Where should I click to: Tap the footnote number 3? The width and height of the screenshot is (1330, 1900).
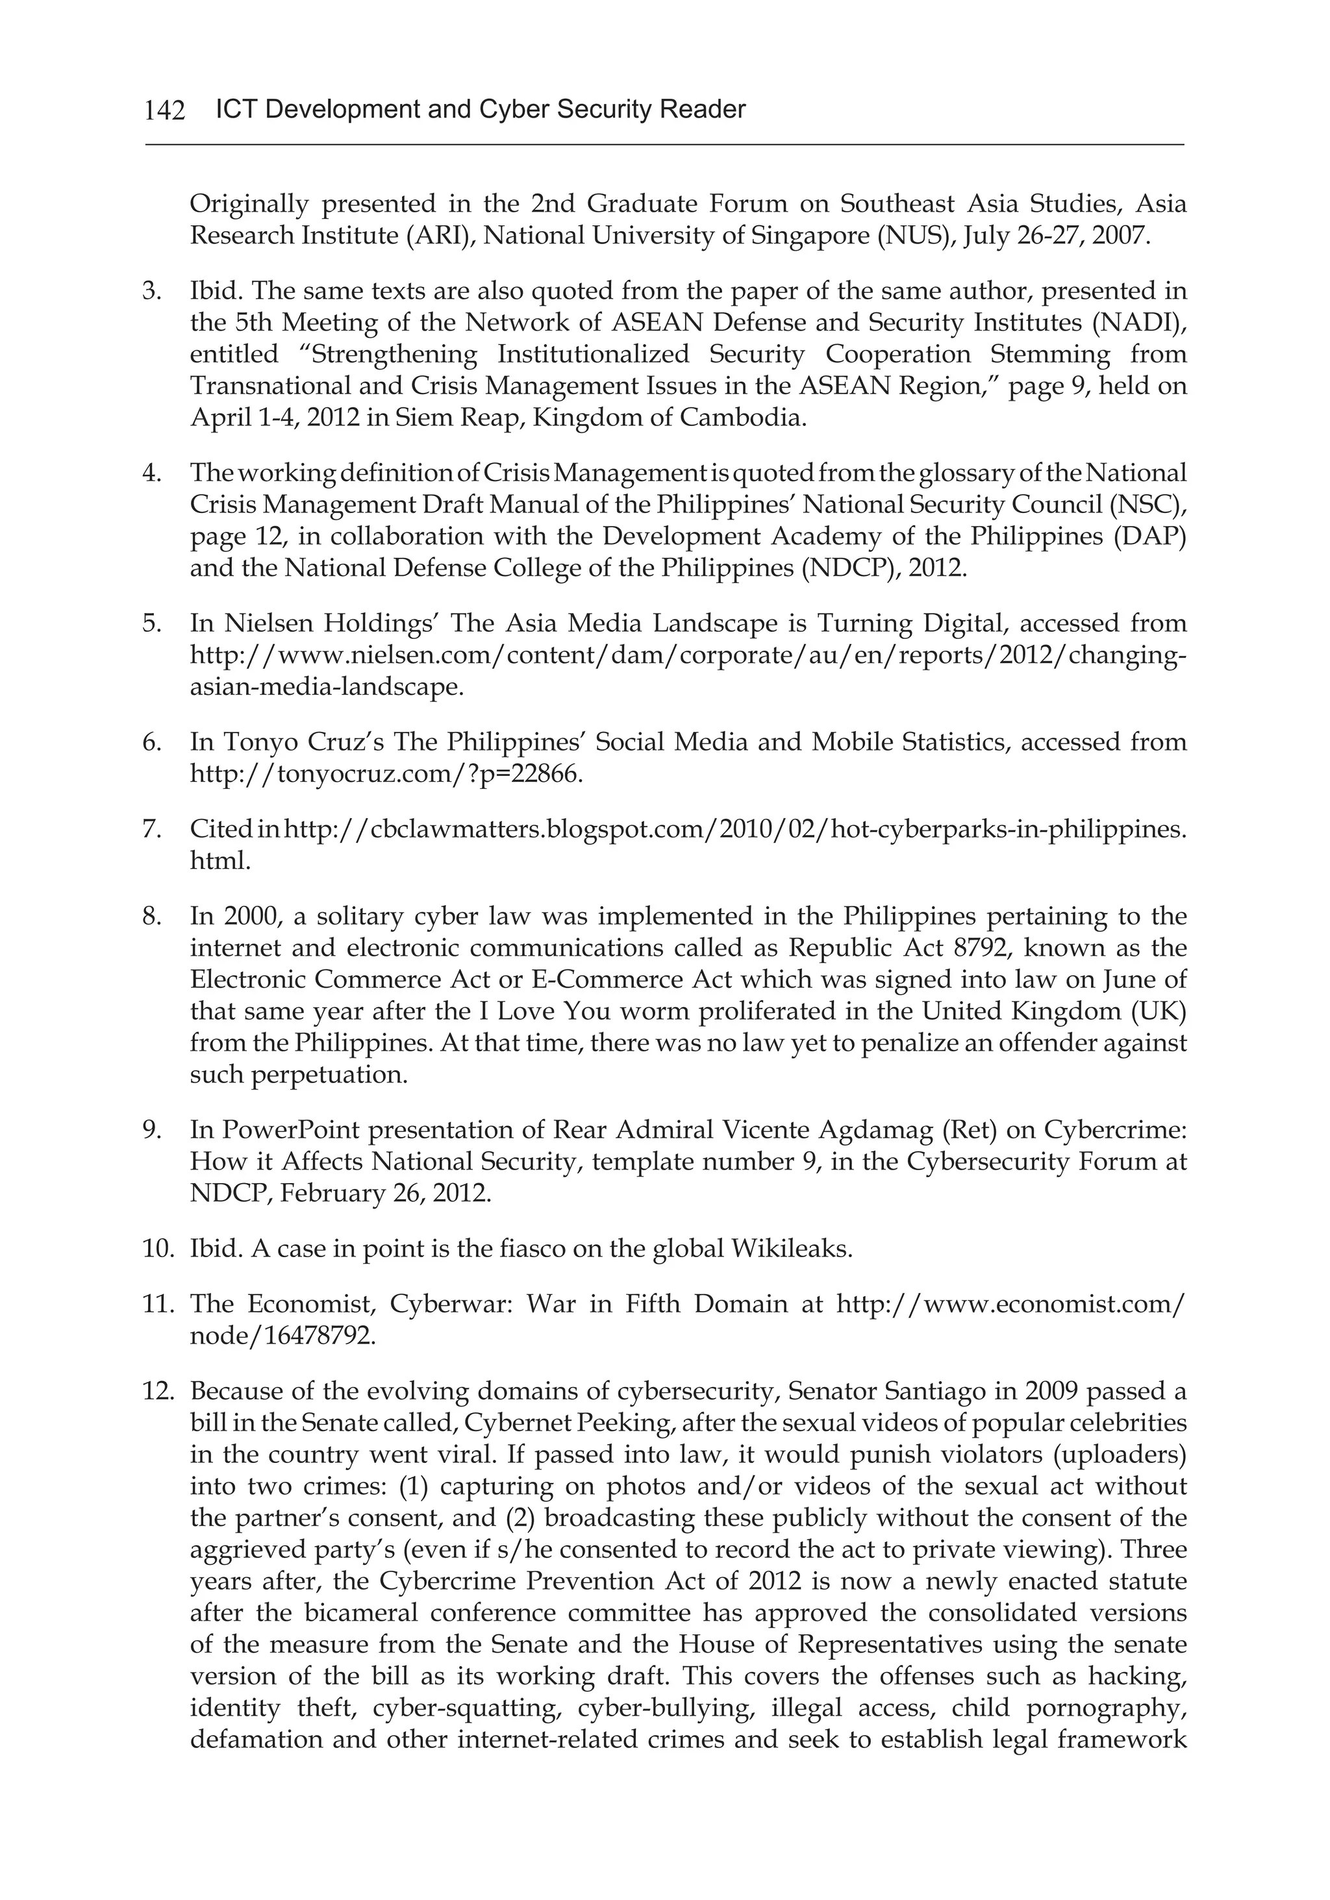152,292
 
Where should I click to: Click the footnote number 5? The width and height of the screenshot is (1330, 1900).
152,623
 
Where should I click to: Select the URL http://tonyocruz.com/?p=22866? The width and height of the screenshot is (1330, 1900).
386,775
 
